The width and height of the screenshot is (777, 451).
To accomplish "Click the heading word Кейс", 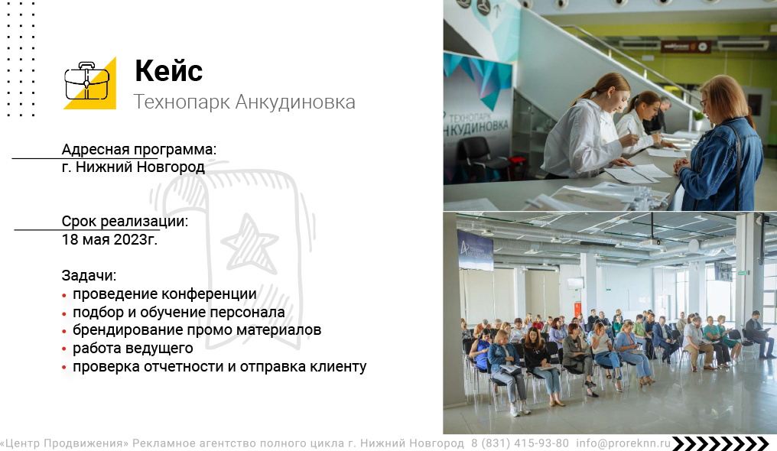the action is click(168, 71).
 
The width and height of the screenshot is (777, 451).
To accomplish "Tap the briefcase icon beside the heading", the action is click(87, 82).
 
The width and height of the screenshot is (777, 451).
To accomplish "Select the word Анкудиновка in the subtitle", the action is click(295, 102).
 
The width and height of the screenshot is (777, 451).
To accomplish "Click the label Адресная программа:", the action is click(138, 149).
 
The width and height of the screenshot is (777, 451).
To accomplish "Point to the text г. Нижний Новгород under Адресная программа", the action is click(133, 167).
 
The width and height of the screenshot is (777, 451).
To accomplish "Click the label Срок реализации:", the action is click(125, 221).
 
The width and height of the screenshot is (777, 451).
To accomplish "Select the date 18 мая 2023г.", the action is click(109, 239).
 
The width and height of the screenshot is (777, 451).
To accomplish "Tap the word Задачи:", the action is click(89, 275).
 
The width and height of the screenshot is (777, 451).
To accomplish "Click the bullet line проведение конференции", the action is click(164, 294).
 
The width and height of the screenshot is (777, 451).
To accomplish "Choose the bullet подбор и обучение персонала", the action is click(178, 313).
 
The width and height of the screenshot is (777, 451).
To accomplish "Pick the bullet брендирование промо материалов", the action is click(197, 329).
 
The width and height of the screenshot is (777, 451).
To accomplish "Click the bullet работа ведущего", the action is click(133, 349).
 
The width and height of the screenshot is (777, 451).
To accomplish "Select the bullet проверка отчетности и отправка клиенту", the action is click(219, 367).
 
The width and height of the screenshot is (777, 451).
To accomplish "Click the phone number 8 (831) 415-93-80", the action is click(520, 443).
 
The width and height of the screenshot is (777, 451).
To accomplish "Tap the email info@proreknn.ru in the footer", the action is click(623, 443).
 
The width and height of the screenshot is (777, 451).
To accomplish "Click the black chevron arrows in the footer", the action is click(721, 443).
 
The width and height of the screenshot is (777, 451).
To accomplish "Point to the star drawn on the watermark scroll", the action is click(249, 244).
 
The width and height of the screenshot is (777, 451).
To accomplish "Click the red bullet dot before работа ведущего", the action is click(64, 349).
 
